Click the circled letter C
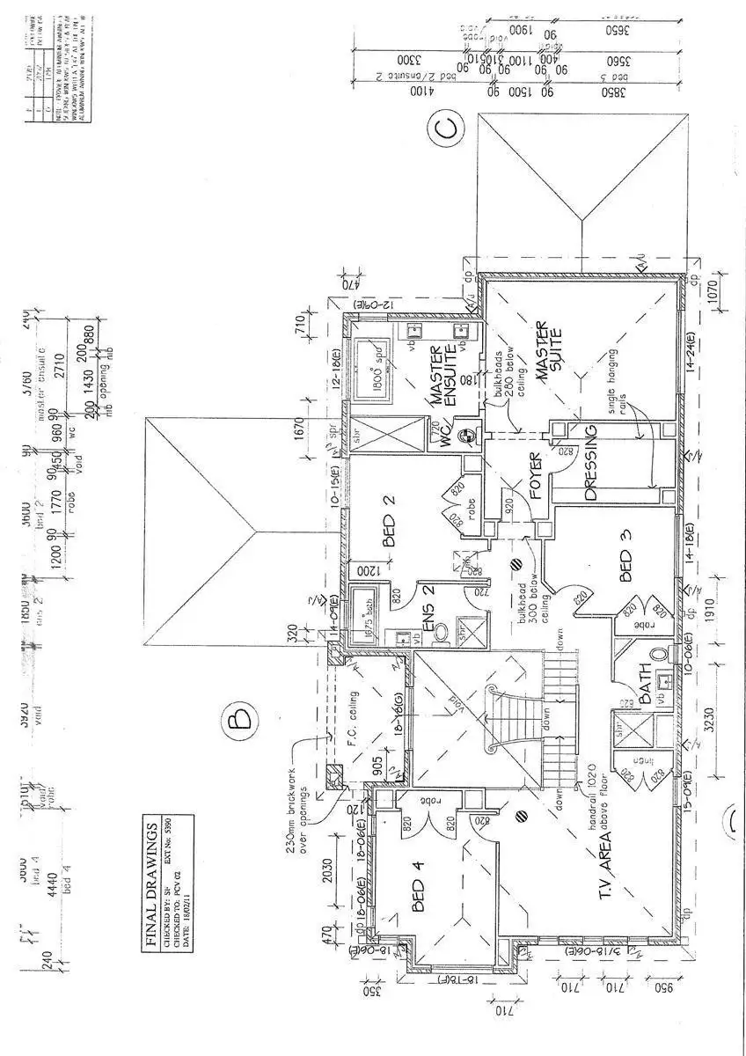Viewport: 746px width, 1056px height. click(x=447, y=129)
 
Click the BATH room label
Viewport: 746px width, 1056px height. click(x=647, y=686)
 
